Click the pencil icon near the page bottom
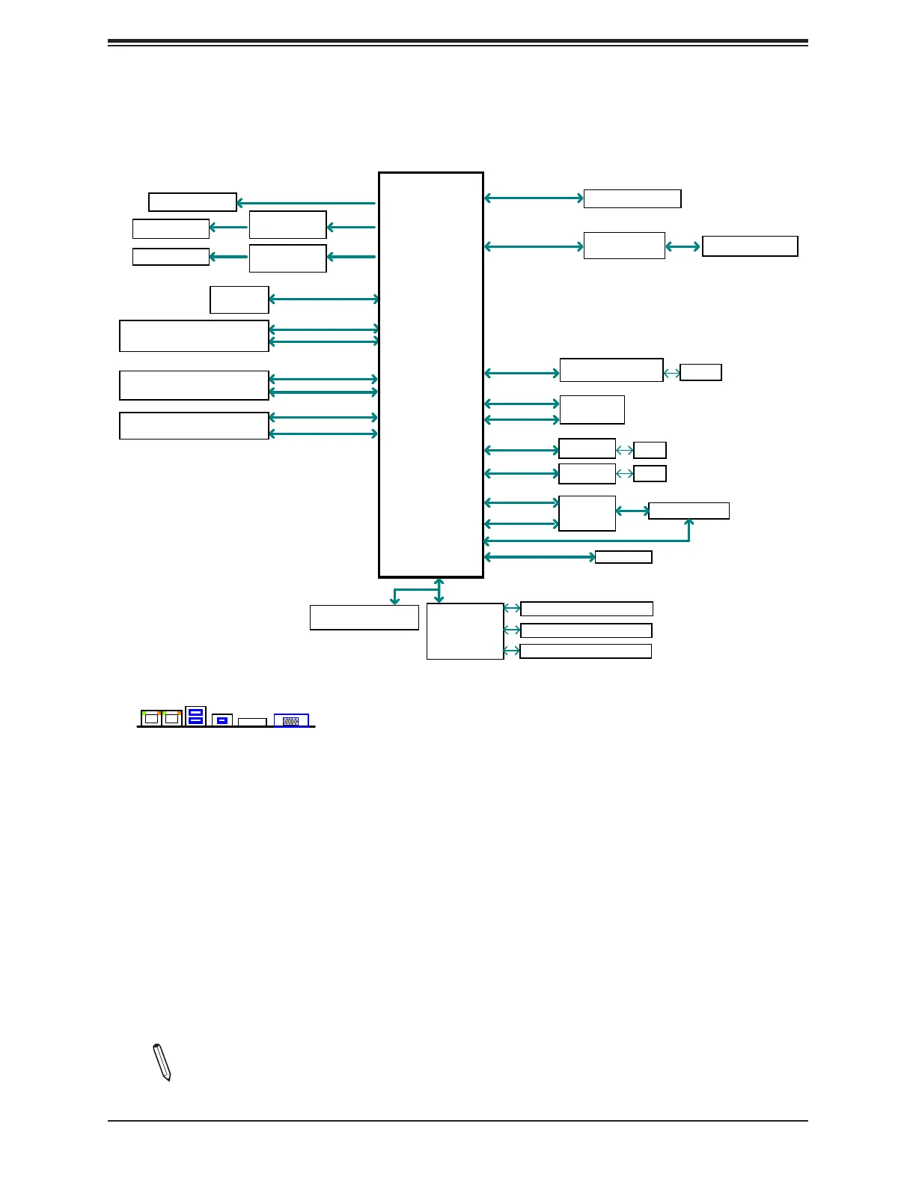click(162, 1062)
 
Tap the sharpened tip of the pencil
click(168, 1078)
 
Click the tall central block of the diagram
click(431, 374)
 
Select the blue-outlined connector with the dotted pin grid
click(291, 720)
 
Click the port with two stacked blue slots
click(195, 716)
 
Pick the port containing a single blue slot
click(222, 720)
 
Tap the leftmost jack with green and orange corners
click(151, 718)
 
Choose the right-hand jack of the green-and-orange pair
click(172, 718)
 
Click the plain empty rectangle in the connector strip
click(252, 722)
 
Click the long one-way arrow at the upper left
click(305, 203)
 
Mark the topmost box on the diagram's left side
click(192, 202)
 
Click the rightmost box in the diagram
click(750, 246)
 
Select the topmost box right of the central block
click(632, 198)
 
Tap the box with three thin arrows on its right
click(465, 631)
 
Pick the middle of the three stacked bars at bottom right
click(586, 630)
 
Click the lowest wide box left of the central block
click(194, 425)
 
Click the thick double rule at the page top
click(458, 43)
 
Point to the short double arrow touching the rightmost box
click(683, 246)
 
